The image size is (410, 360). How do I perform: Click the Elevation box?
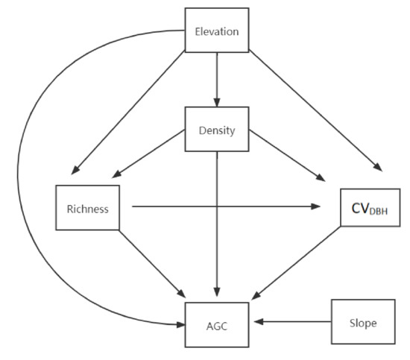[x=216, y=32]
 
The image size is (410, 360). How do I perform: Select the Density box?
[x=216, y=130]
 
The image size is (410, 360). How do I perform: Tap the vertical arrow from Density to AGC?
[x=216, y=224]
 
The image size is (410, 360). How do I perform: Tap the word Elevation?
[x=216, y=32]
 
